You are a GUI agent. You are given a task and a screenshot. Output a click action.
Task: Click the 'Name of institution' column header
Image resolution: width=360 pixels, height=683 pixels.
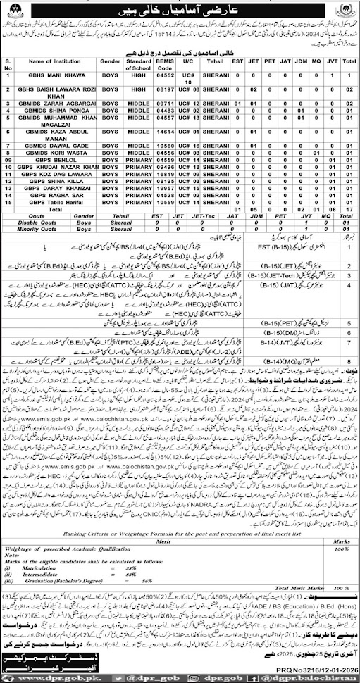click(49, 64)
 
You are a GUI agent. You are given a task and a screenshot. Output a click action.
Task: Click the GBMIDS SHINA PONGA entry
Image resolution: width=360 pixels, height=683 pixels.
click(49, 108)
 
